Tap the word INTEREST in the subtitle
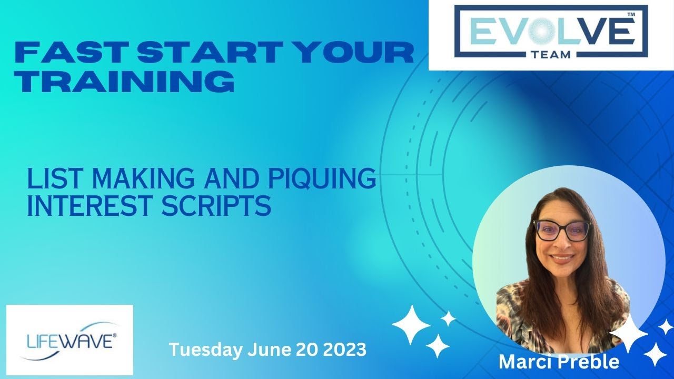90,206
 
